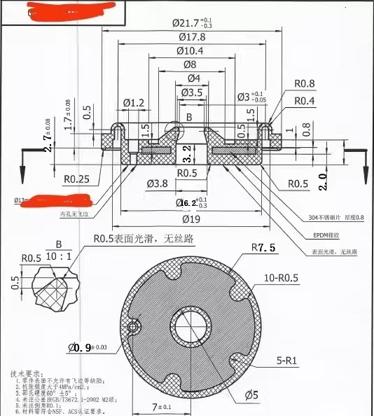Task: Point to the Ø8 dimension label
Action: click(x=189, y=64)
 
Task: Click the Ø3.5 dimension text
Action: click(x=193, y=92)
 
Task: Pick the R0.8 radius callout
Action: click(x=305, y=83)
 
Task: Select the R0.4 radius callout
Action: click(x=305, y=101)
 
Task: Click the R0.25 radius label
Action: click(x=78, y=179)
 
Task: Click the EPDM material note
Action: click(x=325, y=237)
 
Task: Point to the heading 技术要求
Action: click(x=28, y=375)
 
